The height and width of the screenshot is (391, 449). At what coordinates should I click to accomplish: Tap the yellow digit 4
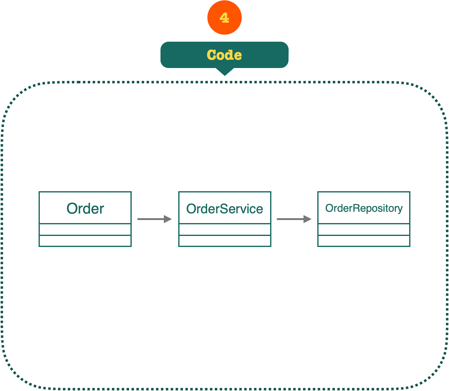[x=224, y=18]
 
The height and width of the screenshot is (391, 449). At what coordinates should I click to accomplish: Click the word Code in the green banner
[x=224, y=55]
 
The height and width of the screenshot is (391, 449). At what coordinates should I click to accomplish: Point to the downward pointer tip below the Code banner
[x=225, y=74]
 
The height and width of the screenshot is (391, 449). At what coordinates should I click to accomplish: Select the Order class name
[x=85, y=209]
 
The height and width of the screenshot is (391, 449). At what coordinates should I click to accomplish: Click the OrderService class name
[x=224, y=209]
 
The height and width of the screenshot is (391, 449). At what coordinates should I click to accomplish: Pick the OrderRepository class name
[x=364, y=208]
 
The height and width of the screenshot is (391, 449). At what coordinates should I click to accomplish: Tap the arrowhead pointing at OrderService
[x=168, y=219]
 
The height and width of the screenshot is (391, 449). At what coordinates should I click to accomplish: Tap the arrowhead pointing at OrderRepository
[x=308, y=219]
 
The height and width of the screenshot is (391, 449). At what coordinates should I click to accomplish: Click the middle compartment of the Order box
[x=85, y=230]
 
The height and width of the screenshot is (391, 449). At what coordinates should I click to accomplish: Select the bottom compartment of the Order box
[x=85, y=241]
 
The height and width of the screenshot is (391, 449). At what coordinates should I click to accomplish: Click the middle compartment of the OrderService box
[x=225, y=230]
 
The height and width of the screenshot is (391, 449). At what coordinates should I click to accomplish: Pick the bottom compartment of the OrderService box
[x=225, y=241]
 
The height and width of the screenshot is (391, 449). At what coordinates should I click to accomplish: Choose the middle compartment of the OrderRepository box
[x=364, y=230]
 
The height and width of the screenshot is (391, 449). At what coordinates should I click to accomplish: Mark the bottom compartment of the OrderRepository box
[x=364, y=241]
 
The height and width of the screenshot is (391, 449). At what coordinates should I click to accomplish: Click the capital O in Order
[x=72, y=209]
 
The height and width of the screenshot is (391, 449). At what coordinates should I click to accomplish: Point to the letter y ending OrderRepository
[x=400, y=209]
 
